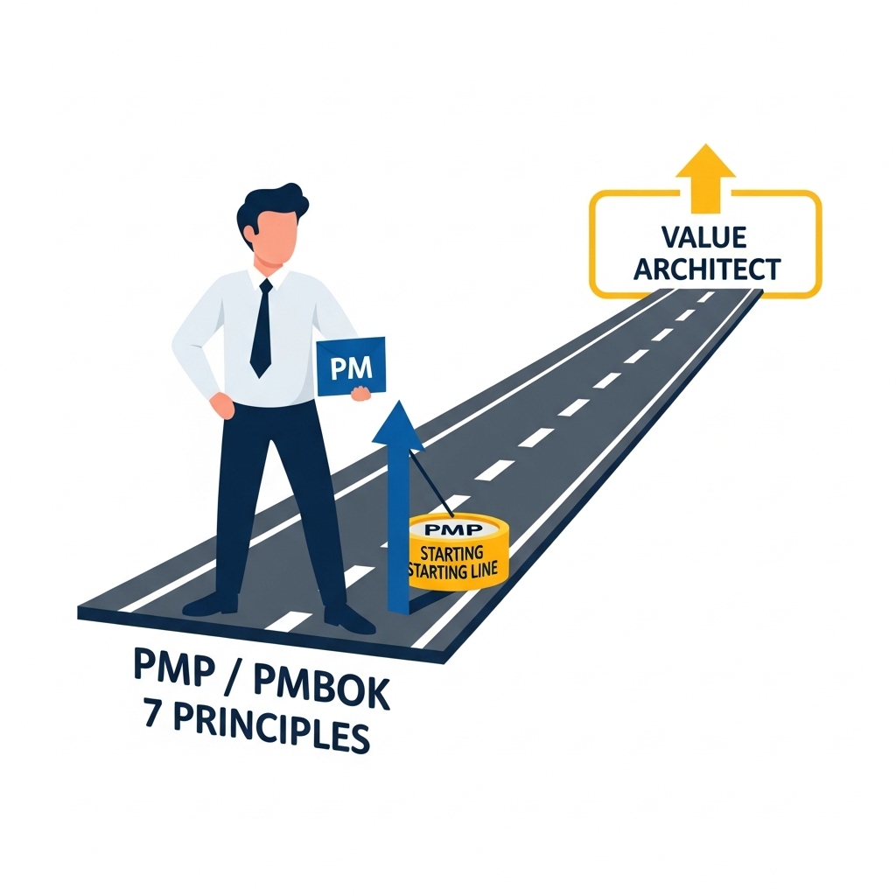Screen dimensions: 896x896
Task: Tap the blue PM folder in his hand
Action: [x=349, y=367]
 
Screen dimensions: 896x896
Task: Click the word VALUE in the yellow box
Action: [x=705, y=237]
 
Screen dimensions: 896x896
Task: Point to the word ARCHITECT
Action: [x=706, y=269]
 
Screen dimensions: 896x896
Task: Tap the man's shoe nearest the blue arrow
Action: [x=348, y=618]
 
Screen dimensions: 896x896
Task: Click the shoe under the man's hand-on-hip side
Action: [x=211, y=604]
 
